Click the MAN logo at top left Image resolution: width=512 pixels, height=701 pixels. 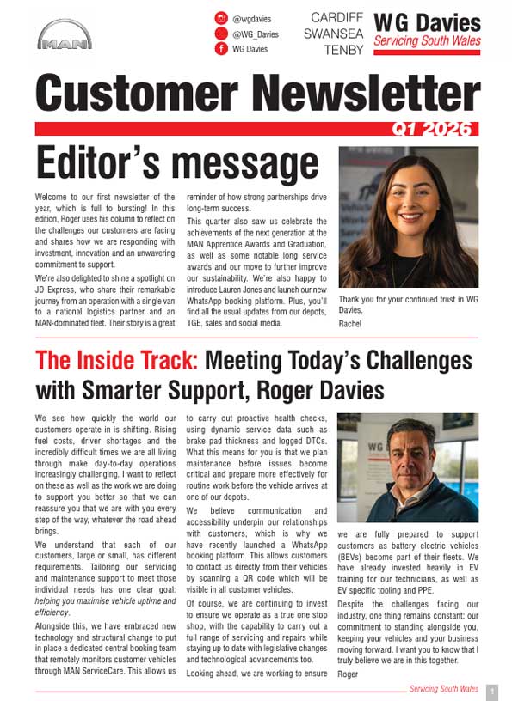point(65,35)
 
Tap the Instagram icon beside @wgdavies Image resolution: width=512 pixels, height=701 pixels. point(221,18)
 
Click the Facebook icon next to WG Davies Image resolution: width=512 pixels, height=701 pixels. point(221,49)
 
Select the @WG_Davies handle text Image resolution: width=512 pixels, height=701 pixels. point(256,34)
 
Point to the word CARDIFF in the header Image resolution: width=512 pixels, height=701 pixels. point(336,17)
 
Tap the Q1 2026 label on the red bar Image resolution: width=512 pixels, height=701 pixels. point(432,128)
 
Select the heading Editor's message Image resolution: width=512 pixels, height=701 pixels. point(177,163)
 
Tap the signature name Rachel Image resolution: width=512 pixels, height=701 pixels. point(350,324)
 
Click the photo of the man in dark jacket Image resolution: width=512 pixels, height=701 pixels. point(408,468)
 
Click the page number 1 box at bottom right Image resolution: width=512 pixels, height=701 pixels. point(491,691)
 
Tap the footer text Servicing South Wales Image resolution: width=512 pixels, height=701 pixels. point(444,690)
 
